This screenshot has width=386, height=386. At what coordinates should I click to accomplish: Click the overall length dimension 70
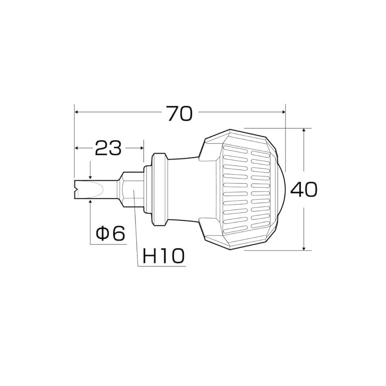(x=179, y=113)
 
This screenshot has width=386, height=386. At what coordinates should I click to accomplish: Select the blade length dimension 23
(x=108, y=148)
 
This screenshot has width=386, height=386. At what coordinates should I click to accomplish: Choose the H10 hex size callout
(x=164, y=256)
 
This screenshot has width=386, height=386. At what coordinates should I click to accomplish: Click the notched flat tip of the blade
(x=76, y=189)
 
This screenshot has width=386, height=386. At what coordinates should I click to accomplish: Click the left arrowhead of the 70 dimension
(x=76, y=112)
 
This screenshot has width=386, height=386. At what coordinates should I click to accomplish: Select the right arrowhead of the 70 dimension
(x=283, y=112)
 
